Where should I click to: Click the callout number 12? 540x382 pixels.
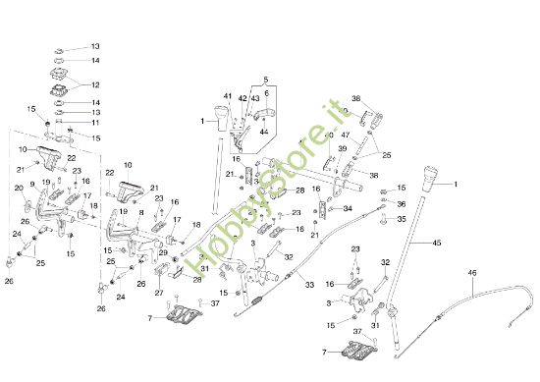[x=95, y=85]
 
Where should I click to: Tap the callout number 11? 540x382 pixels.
[x=95, y=123]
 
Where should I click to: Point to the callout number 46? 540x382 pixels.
[x=472, y=274]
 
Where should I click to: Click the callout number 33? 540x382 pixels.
[x=309, y=286]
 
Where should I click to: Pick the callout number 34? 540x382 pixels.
[x=348, y=208]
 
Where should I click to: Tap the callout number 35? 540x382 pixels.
[x=401, y=220]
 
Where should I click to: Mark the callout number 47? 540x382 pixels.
[x=345, y=134]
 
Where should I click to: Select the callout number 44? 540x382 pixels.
[x=263, y=132]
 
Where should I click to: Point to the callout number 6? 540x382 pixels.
[x=265, y=93]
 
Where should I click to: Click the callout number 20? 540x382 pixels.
[x=19, y=189]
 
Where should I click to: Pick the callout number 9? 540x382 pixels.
[x=31, y=185]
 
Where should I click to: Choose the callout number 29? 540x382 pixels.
[x=163, y=252]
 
